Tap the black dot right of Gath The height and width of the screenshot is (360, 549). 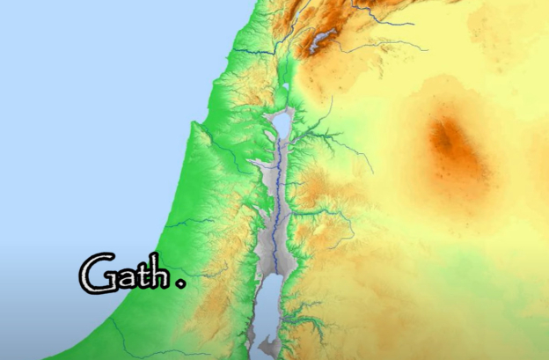181,283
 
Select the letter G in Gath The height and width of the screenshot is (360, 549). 95,274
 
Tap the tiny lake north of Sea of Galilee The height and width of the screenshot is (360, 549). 286,87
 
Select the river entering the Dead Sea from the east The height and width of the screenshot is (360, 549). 304,307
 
